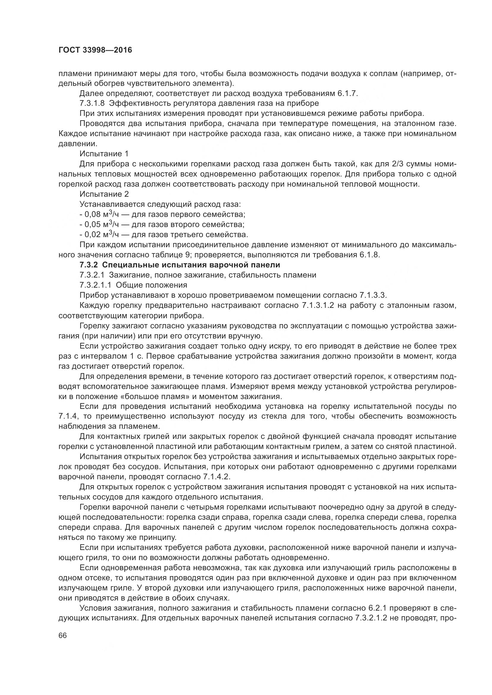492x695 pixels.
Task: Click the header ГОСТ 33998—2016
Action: pyautogui.click(x=95, y=50)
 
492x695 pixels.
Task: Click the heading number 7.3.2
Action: pyautogui.click(x=88, y=265)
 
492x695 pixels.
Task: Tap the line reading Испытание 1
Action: pyautogui.click(x=104, y=154)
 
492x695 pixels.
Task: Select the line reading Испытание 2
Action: pyautogui.click(x=104, y=194)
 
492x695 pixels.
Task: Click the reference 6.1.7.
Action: pyautogui.click(x=347, y=93)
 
